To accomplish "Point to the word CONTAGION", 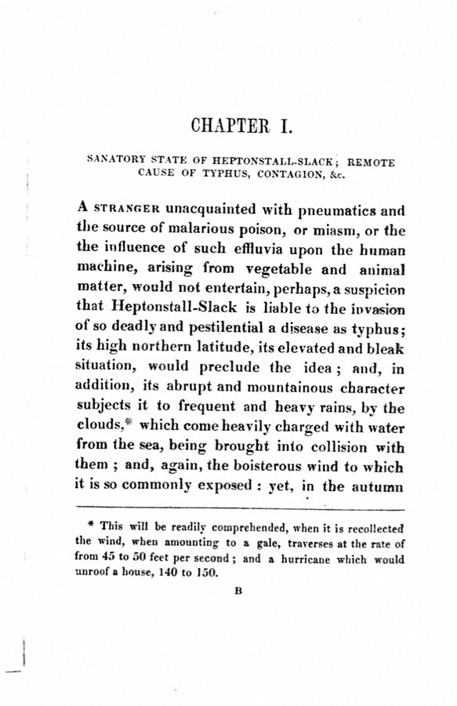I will [277, 175].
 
